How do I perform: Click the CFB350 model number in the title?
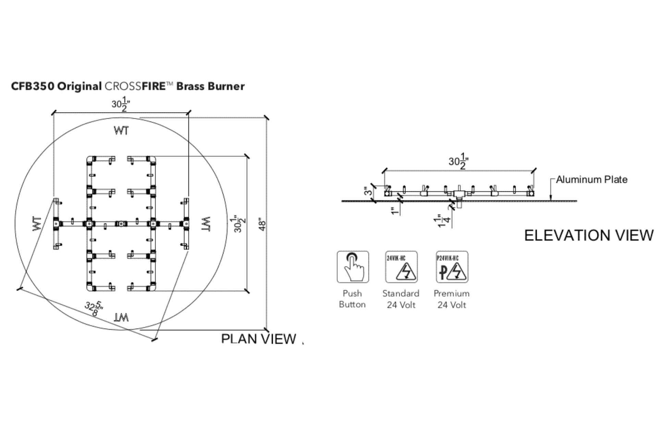(33, 86)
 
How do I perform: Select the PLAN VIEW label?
(258, 339)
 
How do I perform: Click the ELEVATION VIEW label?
(589, 236)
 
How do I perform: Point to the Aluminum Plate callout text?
(592, 180)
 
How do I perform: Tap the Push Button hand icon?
(353, 267)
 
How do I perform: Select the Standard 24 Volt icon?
(401, 267)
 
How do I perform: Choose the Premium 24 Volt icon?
(452, 267)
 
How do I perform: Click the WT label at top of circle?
(121, 131)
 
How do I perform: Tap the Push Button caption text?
(352, 299)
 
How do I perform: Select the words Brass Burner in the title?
(210, 86)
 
